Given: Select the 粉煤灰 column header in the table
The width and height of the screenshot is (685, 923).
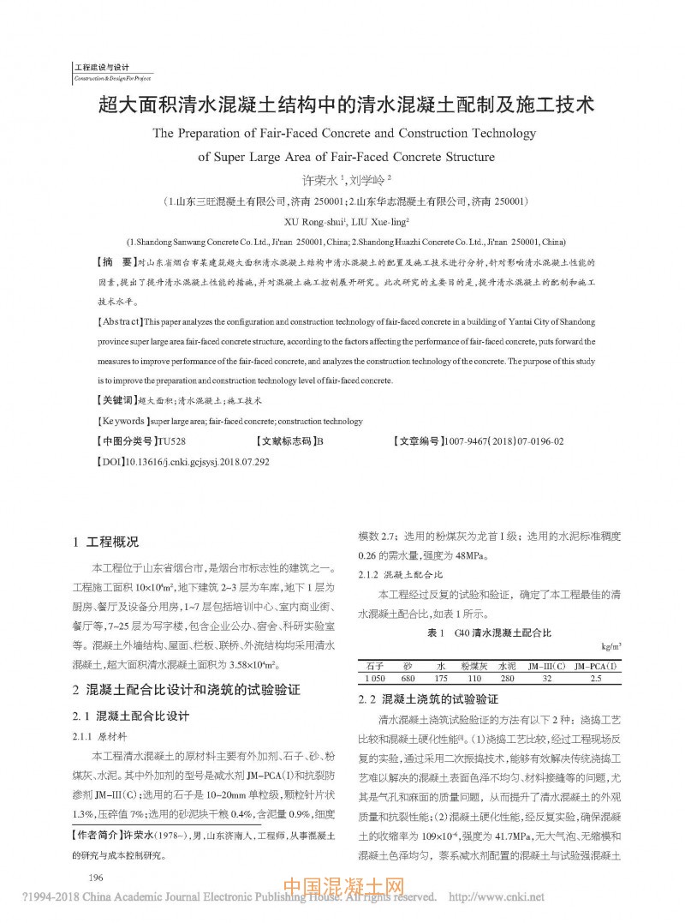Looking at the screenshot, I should click(474, 665).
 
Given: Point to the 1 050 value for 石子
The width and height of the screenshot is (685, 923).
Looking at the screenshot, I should click(374, 678).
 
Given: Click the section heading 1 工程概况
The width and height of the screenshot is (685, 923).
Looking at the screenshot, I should click(106, 542).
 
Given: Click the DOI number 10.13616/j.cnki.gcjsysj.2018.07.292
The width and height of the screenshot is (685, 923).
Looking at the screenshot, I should click(197, 461).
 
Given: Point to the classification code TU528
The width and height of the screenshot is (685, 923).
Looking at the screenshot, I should click(171, 441).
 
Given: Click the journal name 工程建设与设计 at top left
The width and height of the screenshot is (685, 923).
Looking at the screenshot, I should click(101, 67).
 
